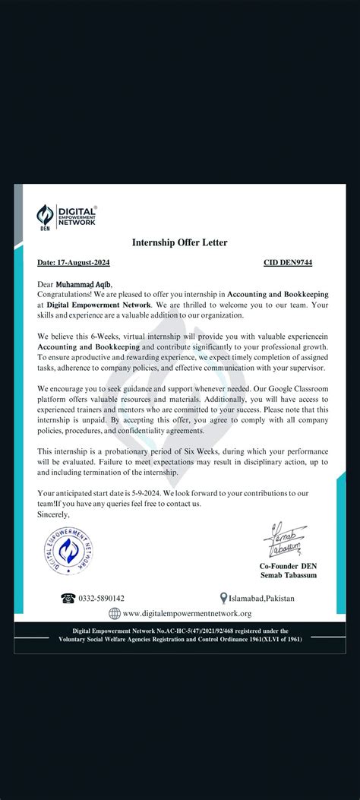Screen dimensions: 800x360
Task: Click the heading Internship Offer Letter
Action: tap(180, 243)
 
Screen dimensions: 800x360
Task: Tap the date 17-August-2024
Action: tap(73, 263)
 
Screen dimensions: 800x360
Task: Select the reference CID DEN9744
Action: tap(288, 263)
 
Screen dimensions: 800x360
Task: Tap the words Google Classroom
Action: tap(286, 387)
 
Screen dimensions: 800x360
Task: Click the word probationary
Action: tap(125, 452)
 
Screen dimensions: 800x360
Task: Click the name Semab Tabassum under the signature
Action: tap(289, 577)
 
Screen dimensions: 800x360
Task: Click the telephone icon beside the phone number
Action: tap(68, 599)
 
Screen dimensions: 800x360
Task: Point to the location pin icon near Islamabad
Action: tap(223, 599)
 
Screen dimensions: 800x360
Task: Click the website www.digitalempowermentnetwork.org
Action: tap(187, 614)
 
